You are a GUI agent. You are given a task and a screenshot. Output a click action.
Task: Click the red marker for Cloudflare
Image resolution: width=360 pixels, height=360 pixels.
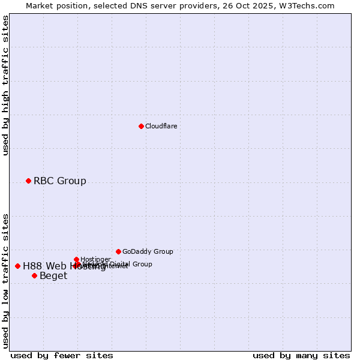click(x=141, y=126)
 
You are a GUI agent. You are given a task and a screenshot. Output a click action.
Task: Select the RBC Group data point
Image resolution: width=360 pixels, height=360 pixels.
click(x=28, y=181)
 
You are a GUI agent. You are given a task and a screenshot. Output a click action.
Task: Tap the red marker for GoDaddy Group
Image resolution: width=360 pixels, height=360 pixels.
click(x=118, y=251)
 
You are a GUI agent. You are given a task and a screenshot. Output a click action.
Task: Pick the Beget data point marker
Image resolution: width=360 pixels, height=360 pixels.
click(x=34, y=275)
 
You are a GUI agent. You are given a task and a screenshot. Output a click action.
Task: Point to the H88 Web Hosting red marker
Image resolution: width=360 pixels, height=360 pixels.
click(x=17, y=266)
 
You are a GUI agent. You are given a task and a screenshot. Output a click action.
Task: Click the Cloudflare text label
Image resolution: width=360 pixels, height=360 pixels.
click(x=161, y=126)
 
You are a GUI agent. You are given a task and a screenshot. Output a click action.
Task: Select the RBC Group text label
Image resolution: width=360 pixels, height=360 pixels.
click(x=59, y=181)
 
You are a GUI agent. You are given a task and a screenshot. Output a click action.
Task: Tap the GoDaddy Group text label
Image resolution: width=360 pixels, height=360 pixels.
click(x=147, y=251)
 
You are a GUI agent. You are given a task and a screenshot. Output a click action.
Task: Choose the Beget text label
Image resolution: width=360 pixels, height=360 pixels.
click(x=53, y=276)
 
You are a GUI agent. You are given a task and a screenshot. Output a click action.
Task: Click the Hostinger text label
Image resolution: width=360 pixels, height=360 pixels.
click(x=95, y=259)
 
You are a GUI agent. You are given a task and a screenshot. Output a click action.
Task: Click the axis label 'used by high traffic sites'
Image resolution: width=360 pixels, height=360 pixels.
click(x=5, y=85)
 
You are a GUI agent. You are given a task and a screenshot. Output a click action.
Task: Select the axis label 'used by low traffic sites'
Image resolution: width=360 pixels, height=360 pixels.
click(x=5, y=281)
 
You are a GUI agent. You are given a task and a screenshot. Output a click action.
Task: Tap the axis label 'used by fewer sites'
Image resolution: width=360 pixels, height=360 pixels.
click(x=62, y=355)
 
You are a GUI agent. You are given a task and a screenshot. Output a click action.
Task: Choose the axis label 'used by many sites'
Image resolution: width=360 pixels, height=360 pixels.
click(x=301, y=355)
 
